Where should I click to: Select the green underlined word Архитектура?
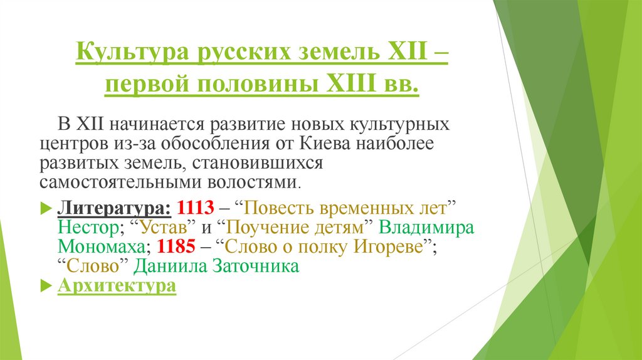pos(117,285)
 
